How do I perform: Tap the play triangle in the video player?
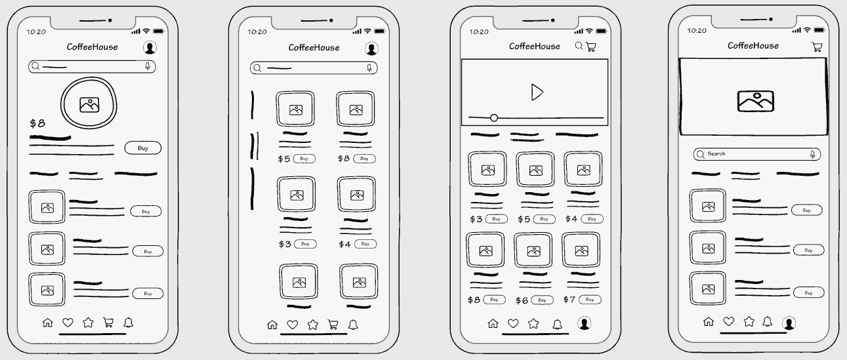coord(537,92)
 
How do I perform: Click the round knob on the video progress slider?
coord(494,118)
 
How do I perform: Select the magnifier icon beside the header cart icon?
coord(579,46)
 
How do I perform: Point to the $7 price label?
coord(569,300)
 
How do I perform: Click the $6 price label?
coord(522,300)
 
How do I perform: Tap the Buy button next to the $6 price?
coord(542,300)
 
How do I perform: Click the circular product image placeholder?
coord(89,104)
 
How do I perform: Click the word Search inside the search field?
coord(716,154)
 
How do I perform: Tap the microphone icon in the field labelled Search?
coord(812,154)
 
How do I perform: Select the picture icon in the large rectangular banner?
coord(756,100)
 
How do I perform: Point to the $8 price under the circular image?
coord(37,123)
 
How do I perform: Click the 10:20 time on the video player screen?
coord(479,31)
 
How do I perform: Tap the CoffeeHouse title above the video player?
coord(535,47)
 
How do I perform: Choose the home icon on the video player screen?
coord(493,323)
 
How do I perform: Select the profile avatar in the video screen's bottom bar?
coord(583,323)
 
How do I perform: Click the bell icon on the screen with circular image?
coord(129,322)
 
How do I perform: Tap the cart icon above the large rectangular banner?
coord(817,47)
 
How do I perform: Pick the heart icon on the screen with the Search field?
coord(728,321)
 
